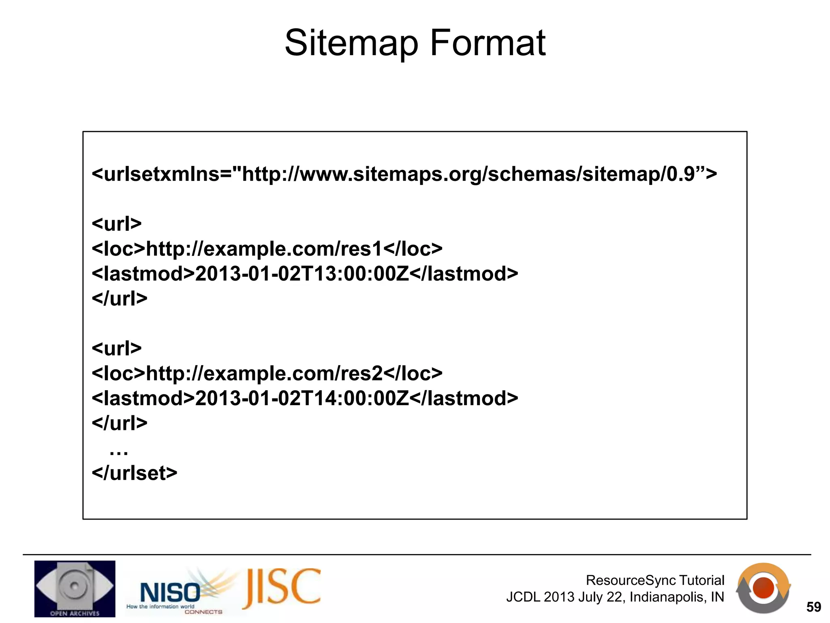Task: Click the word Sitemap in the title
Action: point(351,44)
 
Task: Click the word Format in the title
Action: point(488,43)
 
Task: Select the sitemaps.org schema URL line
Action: point(404,174)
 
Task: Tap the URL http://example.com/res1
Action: point(264,249)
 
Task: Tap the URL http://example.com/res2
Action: point(264,373)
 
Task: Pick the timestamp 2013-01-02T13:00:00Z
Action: point(302,274)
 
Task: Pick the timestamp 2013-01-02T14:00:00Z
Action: point(302,398)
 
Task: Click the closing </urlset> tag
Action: point(135,473)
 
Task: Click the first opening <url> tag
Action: point(117,223)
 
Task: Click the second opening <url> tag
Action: point(117,348)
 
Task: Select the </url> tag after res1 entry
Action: point(120,299)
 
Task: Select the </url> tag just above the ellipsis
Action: point(120,423)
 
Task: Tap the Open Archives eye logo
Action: point(75,589)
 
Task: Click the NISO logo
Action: point(170,592)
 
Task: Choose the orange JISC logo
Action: point(282,588)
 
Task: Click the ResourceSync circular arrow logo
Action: point(763,588)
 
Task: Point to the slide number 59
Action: point(813,607)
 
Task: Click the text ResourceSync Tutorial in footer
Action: point(655,580)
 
